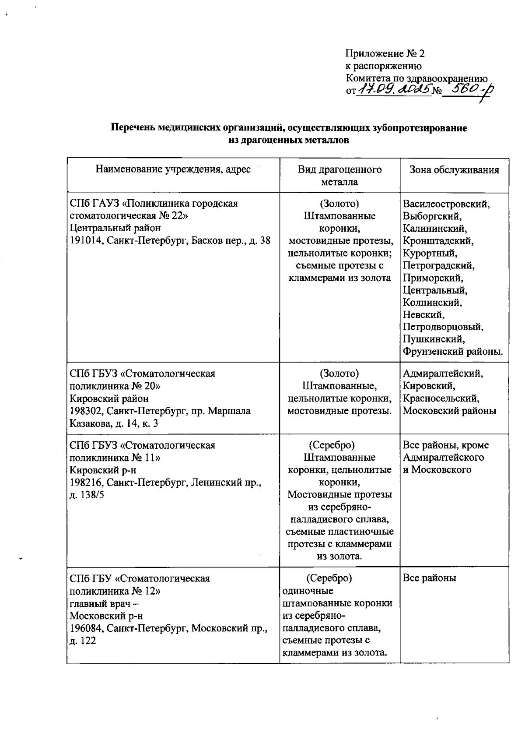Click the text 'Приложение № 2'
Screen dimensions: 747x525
pos(385,54)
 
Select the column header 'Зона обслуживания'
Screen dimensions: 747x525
pos(454,170)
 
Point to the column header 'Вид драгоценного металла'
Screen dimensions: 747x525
pos(339,176)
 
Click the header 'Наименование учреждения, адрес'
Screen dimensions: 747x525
pos(173,169)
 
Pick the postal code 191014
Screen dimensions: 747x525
pos(87,240)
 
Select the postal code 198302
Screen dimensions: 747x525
pos(87,411)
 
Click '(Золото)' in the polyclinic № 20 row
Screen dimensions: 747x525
pos(339,373)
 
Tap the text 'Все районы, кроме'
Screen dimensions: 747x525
pos(446,445)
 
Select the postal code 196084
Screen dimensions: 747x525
pos(87,628)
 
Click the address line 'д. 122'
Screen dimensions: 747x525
pos(83,641)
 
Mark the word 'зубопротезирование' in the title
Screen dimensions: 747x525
pos(420,128)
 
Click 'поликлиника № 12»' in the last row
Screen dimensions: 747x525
pos(115,591)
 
